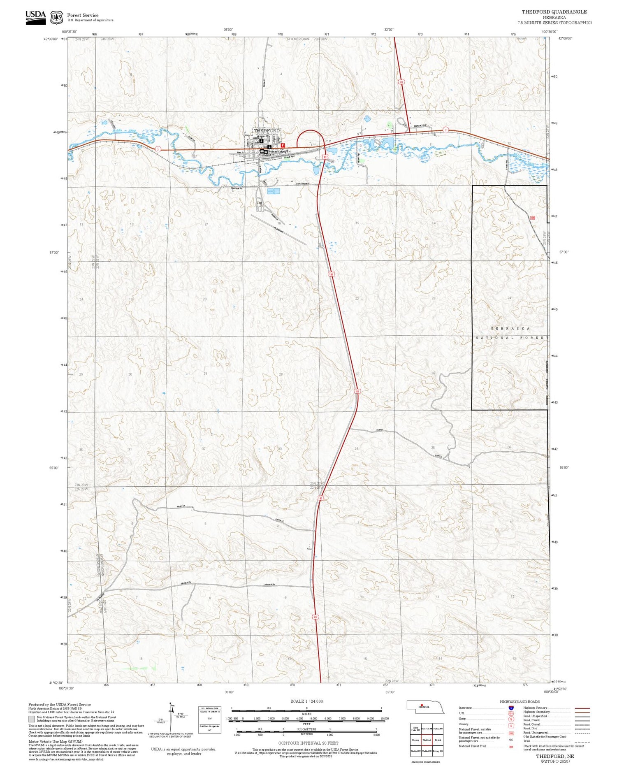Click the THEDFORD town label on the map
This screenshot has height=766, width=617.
click(x=267, y=130)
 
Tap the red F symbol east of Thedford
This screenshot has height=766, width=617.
click(x=283, y=145)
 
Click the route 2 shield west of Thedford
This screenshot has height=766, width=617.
click(x=158, y=149)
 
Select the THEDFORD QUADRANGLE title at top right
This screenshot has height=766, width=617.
click(x=554, y=12)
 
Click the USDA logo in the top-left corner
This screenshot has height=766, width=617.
click(x=36, y=17)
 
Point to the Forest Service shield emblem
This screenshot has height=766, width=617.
click(x=56, y=17)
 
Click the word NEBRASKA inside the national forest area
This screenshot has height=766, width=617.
click(x=510, y=328)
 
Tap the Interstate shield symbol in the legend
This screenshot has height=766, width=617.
click(x=511, y=708)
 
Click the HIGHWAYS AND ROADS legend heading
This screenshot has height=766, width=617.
click(x=520, y=702)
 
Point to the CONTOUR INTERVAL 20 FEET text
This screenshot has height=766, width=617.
click(x=308, y=743)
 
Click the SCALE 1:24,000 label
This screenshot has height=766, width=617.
click(x=306, y=701)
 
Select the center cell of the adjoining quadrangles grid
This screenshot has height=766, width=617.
click(x=427, y=740)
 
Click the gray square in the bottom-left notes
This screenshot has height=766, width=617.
click(x=32, y=719)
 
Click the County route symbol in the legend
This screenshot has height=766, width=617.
click(x=511, y=726)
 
